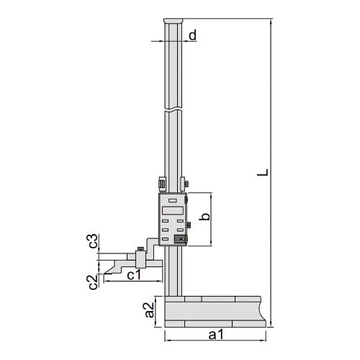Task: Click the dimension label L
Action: pyautogui.click(x=263, y=172)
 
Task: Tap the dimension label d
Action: pyautogui.click(x=192, y=35)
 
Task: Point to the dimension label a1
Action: pyautogui.click(x=216, y=334)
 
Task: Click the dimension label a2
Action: pyautogui.click(x=149, y=310)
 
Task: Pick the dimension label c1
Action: pyautogui.click(x=134, y=274)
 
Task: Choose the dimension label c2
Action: pyautogui.click(x=93, y=282)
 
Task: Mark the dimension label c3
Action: pyautogui.click(x=93, y=241)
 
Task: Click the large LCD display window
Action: pyautogui.click(x=173, y=210)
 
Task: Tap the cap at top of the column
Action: pyautogui.click(x=173, y=21)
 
